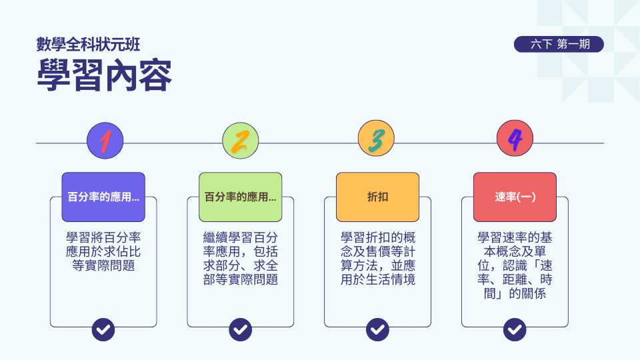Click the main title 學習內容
[x=105, y=75]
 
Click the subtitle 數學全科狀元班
[x=88, y=45]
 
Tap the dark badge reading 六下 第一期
[x=559, y=44]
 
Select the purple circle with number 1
[x=105, y=141]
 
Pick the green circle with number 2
[x=241, y=141]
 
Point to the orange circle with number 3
[x=376, y=139]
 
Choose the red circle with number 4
[x=515, y=139]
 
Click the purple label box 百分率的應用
[x=103, y=197]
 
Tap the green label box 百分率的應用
[x=241, y=197]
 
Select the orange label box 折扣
[x=377, y=197]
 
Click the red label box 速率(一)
[x=515, y=197]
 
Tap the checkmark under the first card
[x=103, y=329]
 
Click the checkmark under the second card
[x=241, y=329]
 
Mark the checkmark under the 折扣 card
[x=377, y=329]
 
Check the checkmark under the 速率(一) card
[x=515, y=329]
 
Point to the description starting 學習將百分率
[x=103, y=251]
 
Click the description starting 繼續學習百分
[x=241, y=259]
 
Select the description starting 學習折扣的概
[x=377, y=259]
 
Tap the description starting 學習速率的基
[x=515, y=265]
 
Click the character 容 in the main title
[x=155, y=75]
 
